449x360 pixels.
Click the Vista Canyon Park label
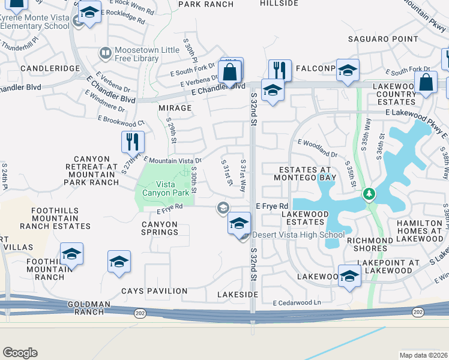(169, 188)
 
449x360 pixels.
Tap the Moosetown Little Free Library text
(147, 58)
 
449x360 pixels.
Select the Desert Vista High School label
(298, 235)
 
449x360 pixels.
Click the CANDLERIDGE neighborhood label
(50, 69)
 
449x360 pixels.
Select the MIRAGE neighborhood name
(175, 108)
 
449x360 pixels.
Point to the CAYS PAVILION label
(154, 291)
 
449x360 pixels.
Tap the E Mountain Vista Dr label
(172, 160)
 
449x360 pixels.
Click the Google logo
(20, 353)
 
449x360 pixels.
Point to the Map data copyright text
(424, 355)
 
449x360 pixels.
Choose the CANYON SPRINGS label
(159, 228)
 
